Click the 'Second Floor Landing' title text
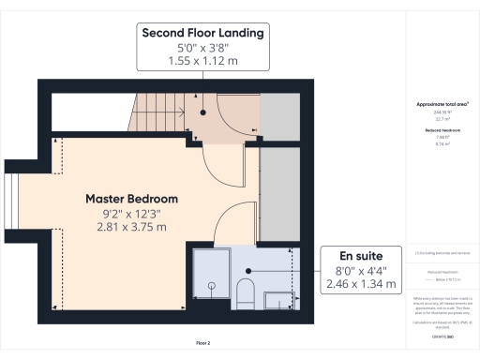click(202, 32)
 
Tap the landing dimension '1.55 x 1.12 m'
click(202, 60)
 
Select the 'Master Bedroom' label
click(131, 199)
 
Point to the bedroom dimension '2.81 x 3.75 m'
click(131, 227)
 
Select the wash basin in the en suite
click(279, 300)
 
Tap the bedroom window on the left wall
click(11, 201)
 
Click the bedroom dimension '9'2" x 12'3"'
click(131, 213)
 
